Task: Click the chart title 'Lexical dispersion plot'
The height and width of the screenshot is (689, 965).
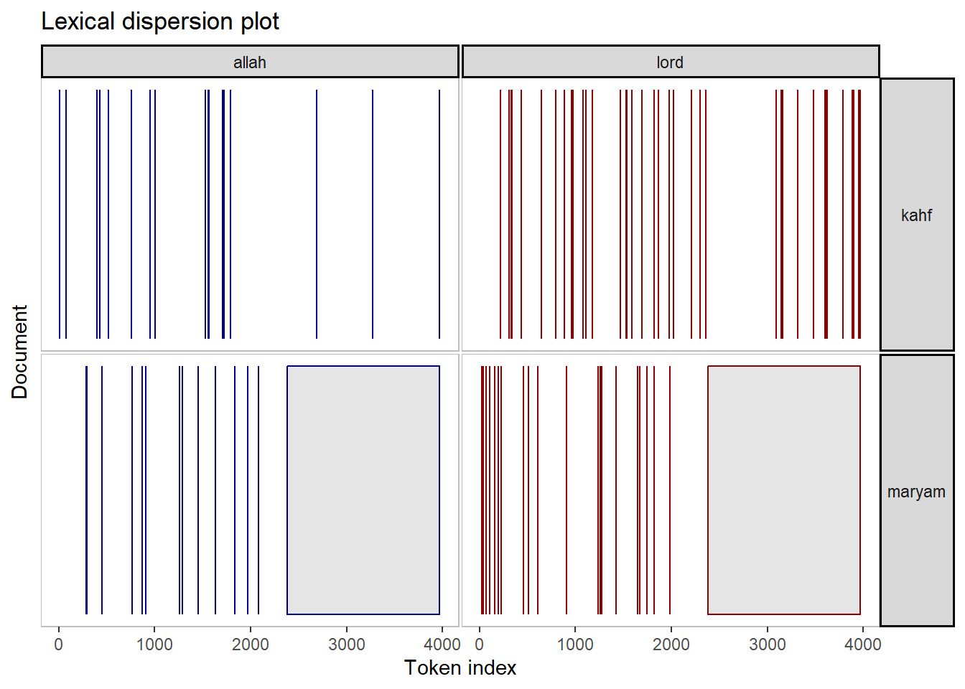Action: (160, 22)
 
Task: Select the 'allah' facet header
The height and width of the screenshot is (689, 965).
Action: (250, 62)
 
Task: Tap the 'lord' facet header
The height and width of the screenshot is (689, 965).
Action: (670, 62)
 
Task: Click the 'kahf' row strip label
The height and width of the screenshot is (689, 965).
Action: (916, 215)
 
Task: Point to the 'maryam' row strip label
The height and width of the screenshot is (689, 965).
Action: (916, 492)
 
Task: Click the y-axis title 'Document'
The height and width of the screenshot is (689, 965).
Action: (19, 352)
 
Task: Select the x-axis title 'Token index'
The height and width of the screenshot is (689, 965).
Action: (460, 668)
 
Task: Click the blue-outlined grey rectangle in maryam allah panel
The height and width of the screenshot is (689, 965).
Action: (363, 490)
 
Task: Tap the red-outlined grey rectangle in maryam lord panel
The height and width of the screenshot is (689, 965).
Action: (784, 490)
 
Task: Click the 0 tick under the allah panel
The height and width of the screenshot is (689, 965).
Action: (59, 645)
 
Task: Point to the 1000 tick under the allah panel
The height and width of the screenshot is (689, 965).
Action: (154, 645)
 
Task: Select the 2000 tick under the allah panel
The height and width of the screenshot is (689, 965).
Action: (251, 645)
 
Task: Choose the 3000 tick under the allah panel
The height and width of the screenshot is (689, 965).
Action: (347, 645)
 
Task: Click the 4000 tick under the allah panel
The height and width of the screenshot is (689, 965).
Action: (442, 645)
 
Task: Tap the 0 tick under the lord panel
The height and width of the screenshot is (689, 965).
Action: (480, 645)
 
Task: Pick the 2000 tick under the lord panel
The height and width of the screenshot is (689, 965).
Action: (671, 645)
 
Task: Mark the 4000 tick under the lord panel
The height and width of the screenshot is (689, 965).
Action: (863, 645)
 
